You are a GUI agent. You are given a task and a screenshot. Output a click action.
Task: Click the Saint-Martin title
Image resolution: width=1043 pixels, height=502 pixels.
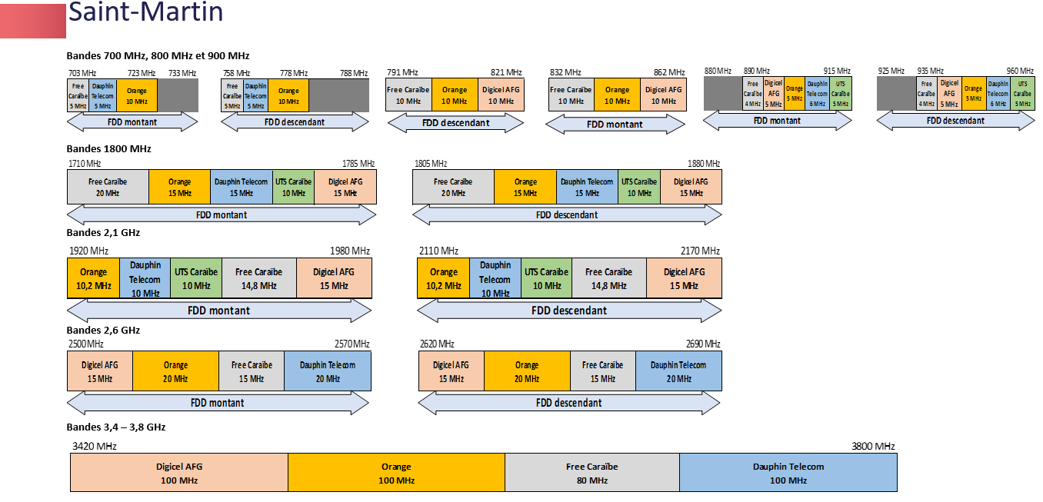[x=145, y=12]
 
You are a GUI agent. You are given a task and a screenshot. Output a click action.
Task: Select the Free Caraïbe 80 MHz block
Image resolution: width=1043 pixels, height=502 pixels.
[x=591, y=473]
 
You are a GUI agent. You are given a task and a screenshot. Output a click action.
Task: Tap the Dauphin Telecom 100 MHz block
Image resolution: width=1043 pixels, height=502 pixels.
[x=788, y=473]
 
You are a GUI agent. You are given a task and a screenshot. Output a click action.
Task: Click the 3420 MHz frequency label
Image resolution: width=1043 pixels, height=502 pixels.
[x=94, y=446]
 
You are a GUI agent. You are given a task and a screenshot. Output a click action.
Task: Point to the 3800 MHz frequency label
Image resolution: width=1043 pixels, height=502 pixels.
[x=873, y=446]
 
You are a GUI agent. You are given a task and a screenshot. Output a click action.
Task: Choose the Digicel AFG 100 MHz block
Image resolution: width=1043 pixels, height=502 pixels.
[x=179, y=473]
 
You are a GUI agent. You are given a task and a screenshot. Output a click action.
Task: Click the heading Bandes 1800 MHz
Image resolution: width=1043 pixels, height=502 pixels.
[x=109, y=149]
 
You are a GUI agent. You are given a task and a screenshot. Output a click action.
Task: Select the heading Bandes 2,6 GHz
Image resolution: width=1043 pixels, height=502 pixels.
[x=103, y=331]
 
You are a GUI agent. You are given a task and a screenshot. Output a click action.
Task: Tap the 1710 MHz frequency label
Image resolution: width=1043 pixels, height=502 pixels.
[x=85, y=164]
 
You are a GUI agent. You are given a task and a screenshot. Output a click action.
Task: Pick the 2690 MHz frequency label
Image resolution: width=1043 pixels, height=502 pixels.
[x=703, y=344]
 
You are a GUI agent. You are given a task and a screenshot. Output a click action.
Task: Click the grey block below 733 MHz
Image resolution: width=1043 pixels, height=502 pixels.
[x=178, y=95]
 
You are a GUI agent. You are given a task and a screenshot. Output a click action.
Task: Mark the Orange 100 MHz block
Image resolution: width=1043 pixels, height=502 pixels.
[x=397, y=473]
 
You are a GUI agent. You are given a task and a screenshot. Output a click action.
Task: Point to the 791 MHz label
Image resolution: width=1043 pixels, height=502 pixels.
[x=402, y=72]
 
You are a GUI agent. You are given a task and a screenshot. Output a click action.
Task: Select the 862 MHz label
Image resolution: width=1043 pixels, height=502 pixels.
[x=669, y=72]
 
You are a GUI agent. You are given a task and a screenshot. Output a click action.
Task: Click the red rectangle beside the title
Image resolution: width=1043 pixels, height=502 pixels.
[x=33, y=21]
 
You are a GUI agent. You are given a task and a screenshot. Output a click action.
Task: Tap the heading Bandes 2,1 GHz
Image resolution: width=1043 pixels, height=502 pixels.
[x=103, y=233]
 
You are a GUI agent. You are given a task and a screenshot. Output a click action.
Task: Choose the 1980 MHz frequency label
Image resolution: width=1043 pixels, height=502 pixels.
[x=350, y=251]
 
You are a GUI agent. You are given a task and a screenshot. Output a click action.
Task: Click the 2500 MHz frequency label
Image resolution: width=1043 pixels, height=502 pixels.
[x=86, y=344]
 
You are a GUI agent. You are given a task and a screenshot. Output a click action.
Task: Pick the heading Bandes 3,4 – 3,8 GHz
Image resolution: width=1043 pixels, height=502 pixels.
[x=116, y=427]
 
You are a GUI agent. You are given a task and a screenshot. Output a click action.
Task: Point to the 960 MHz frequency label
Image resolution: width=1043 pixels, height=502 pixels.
[x=1020, y=71]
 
